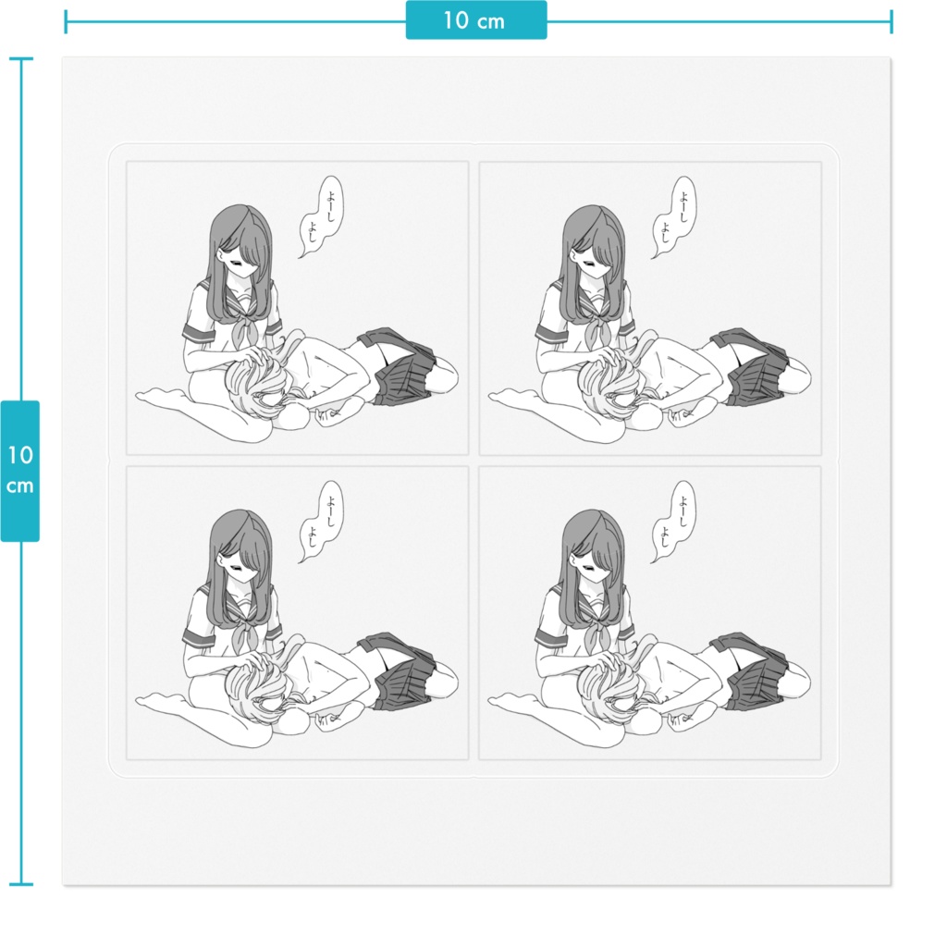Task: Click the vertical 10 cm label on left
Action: pos(20,471)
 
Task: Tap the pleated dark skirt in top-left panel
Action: pos(398,366)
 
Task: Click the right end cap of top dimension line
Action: pos(891,22)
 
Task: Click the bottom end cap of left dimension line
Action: pos(21,884)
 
